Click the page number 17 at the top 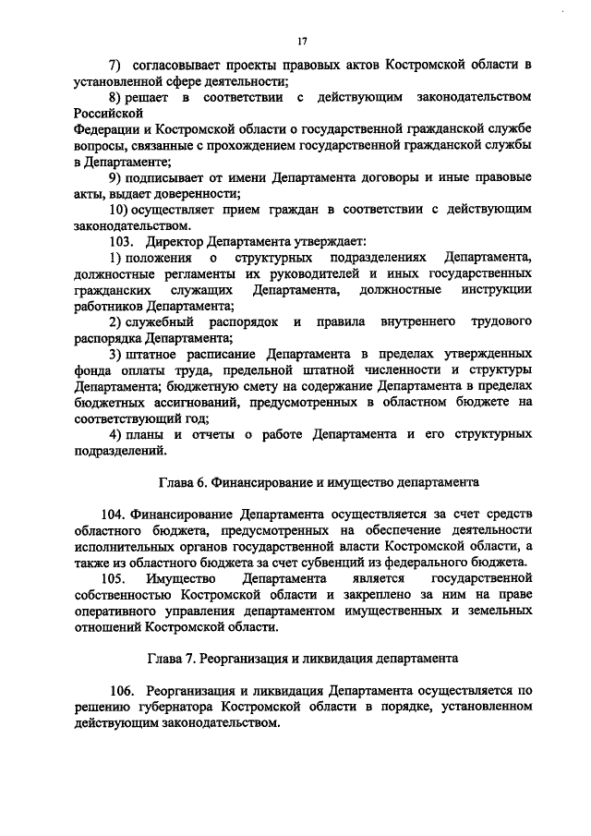(302, 41)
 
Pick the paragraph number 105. (115, 578)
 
